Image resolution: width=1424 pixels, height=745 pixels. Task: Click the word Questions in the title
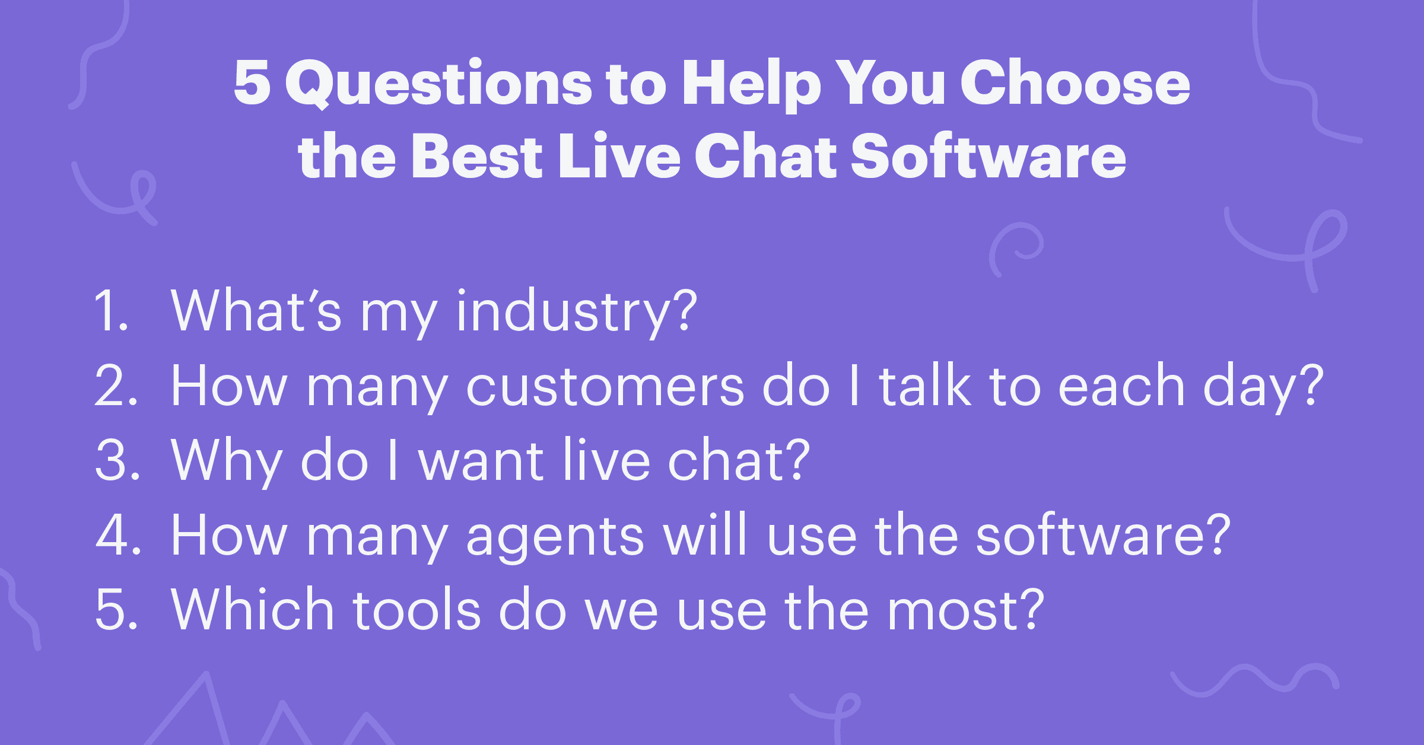point(438,83)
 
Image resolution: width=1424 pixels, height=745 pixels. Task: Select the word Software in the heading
point(988,155)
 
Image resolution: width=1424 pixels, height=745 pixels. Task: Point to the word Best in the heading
point(476,155)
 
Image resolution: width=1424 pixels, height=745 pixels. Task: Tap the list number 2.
point(116,386)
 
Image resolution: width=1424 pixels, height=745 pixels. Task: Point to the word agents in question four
point(555,537)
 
